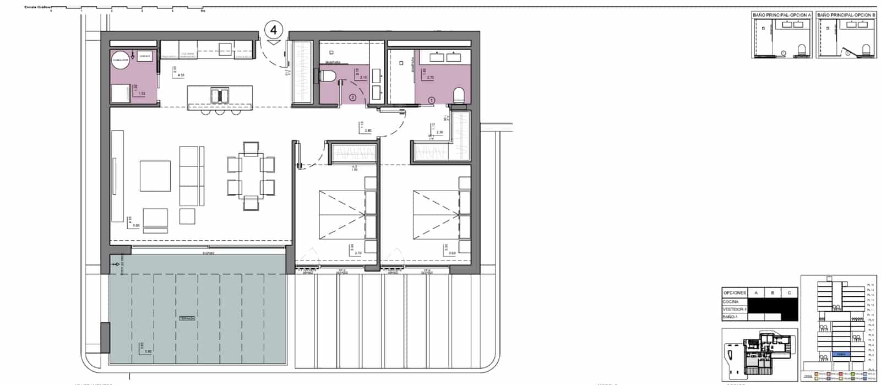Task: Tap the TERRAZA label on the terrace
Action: tap(188, 318)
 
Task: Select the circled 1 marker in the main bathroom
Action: tap(432, 100)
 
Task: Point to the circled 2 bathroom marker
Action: tap(352, 98)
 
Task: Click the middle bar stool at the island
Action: tap(220, 112)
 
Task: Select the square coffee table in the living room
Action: tap(155, 176)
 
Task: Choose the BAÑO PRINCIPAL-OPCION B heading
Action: tap(846, 15)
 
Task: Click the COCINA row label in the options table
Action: tap(731, 302)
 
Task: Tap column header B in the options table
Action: tap(773, 293)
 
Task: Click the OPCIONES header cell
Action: tap(735, 293)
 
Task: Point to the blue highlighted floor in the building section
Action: tap(840, 354)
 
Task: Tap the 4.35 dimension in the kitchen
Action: tap(181, 75)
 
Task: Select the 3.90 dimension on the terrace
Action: tap(148, 351)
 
